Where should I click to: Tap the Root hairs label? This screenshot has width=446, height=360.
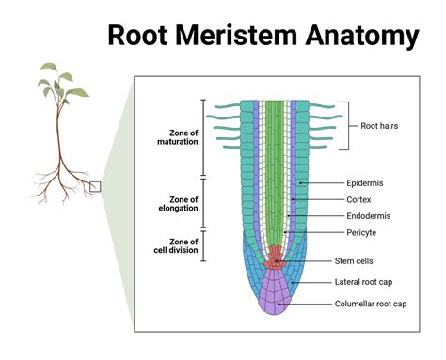click(x=382, y=125)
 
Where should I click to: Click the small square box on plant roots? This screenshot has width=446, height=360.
click(x=95, y=186)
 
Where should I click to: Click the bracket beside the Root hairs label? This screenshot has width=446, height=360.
click(x=346, y=125)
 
